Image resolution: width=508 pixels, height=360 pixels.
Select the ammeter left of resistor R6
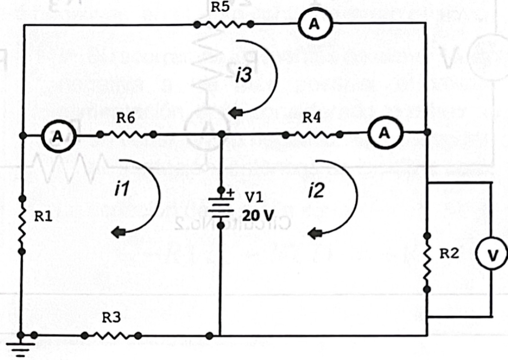pos(57,135)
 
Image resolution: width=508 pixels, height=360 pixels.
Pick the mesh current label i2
pos(316,192)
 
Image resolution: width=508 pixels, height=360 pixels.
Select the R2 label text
pos(449,253)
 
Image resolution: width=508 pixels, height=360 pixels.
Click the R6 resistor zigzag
pos(126,134)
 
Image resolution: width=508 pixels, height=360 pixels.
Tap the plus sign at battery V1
pos(230,192)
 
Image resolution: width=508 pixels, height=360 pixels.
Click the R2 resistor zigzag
pos(427,262)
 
